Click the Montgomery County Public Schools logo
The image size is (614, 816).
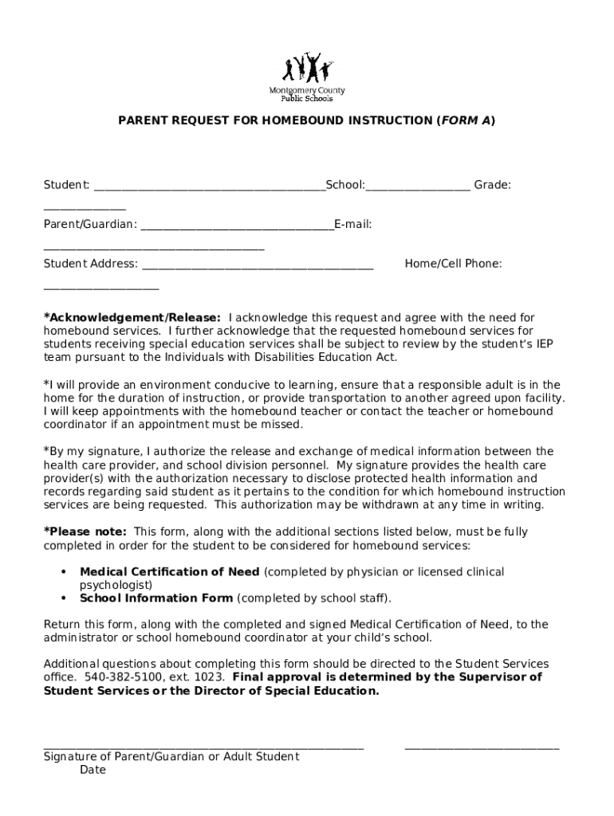307,76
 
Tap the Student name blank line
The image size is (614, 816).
209,190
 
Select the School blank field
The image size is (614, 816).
418,190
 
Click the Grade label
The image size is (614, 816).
492,185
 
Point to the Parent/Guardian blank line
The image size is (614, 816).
237,229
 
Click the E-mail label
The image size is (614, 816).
353,225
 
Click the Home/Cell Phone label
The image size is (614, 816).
453,264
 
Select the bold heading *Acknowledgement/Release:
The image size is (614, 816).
132,317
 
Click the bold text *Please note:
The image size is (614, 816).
85,532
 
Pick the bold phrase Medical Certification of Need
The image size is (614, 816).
169,571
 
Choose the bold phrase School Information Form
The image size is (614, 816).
156,598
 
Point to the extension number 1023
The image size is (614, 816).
212,677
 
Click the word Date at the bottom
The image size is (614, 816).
92,770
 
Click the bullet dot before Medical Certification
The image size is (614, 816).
63,572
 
